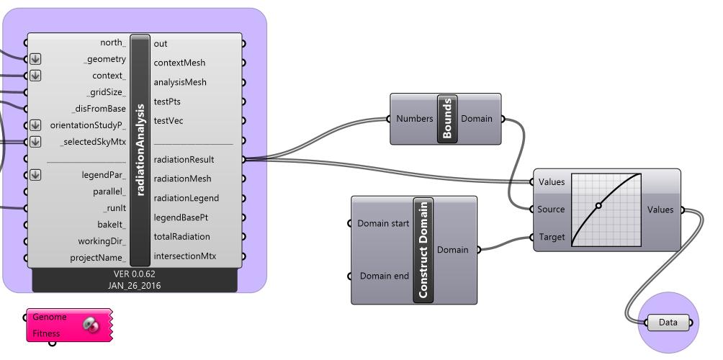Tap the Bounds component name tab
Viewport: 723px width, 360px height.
click(446, 119)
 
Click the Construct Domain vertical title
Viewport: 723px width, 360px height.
click(423, 250)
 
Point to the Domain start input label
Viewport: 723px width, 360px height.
click(383, 223)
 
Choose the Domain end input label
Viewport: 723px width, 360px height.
click(385, 276)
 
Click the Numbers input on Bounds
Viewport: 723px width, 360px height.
click(415, 119)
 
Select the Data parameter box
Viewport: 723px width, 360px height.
click(668, 323)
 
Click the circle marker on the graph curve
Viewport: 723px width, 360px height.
click(598, 206)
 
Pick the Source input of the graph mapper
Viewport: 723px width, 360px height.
click(552, 210)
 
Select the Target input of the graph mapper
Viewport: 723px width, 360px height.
click(552, 237)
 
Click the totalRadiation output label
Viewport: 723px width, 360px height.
click(182, 236)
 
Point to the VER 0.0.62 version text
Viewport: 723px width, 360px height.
click(135, 274)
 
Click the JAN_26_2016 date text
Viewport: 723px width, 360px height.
click(135, 286)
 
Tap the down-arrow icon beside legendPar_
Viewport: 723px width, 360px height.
click(35, 174)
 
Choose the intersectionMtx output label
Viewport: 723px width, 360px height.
click(185, 256)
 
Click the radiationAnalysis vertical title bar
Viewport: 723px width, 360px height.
click(140, 150)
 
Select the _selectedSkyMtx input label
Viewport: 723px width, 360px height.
click(93, 142)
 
